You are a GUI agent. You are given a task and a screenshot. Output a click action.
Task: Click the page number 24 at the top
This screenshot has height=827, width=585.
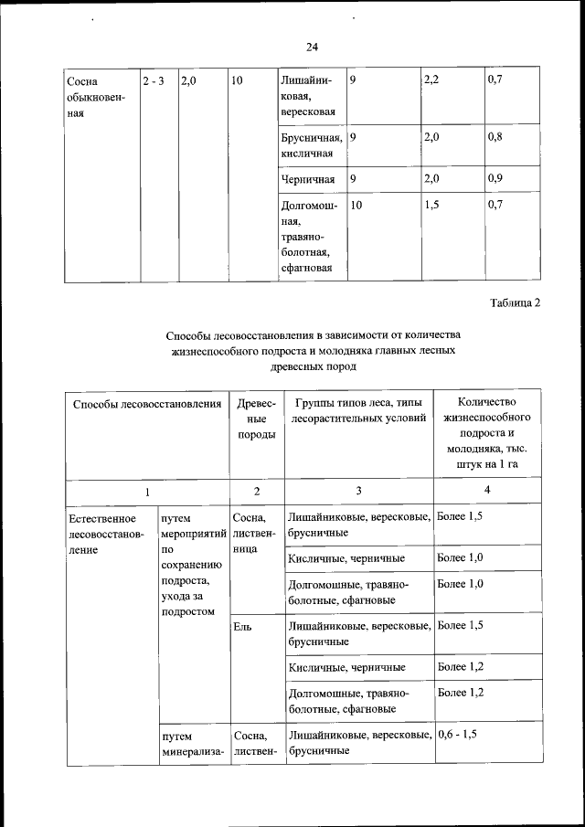[312, 47]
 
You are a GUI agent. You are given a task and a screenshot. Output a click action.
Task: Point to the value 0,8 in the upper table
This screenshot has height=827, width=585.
[495, 137]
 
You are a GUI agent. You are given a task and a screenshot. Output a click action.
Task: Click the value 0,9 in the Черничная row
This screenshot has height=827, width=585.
[495, 177]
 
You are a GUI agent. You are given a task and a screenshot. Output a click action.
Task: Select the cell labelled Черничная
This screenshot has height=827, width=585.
[308, 178]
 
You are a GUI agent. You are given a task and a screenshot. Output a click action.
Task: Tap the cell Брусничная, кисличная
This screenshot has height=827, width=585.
[313, 144]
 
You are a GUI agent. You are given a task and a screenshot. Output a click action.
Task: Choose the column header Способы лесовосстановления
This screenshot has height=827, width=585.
[146, 403]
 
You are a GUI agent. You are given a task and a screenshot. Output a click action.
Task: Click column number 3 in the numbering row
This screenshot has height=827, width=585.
[358, 492]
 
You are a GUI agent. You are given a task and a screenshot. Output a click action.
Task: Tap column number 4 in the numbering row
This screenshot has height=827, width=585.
[487, 492]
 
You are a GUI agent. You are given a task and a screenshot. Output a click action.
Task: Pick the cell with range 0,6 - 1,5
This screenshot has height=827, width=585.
[458, 734]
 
